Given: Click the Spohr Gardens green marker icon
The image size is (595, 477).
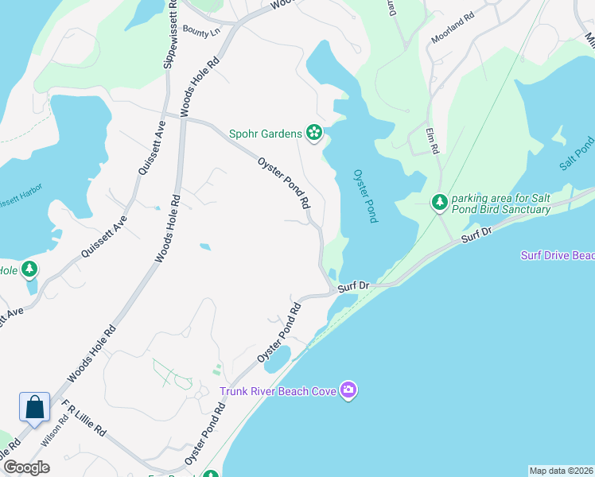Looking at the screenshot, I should point(314,132).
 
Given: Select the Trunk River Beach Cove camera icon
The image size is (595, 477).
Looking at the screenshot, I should point(348,390).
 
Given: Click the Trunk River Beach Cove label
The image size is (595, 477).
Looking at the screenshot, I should point(278,391).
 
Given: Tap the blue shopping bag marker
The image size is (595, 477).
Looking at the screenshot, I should point(35,408).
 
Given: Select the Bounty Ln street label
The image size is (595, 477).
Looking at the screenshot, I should point(200,29).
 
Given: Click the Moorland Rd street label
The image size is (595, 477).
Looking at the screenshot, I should point(452,37).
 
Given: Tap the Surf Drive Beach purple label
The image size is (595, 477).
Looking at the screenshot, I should point(558,255).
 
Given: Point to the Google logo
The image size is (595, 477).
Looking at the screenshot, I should point(25,467).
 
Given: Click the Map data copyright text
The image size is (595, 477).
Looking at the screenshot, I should point(561,471).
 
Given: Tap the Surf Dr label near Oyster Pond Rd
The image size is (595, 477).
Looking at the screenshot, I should point(354,285).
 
